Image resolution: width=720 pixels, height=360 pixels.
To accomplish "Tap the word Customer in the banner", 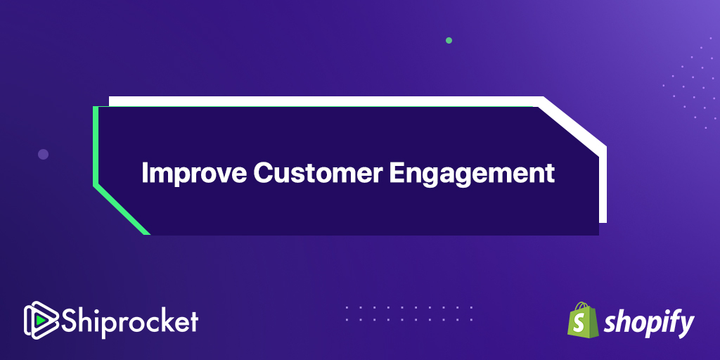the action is point(318,173).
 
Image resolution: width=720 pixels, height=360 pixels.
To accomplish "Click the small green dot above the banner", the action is point(449,40).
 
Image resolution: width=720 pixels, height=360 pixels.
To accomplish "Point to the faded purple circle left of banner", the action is point(43,154).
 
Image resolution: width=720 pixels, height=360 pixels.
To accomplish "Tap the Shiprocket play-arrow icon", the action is point(41,320).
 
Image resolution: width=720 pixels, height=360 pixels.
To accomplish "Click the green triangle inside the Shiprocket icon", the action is point(41,320).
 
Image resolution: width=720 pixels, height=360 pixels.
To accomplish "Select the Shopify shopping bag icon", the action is point(582,320).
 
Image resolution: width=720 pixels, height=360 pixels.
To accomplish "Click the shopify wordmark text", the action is point(648,323).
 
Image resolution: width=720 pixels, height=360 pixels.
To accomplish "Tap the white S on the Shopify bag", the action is point(581,324).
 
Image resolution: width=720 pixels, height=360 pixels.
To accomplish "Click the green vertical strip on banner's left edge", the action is point(96,146).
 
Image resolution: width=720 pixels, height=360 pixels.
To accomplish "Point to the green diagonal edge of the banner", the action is point(122,211).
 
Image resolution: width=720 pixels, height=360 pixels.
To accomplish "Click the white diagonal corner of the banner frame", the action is point(572,123).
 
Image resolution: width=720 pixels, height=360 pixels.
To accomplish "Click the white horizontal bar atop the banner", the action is point(326,101).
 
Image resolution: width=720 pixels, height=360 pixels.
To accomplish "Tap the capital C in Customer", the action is point(263,173).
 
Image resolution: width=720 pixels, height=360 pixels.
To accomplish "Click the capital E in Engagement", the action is point(398,173).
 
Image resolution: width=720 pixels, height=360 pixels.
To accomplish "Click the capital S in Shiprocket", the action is point(71,321).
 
